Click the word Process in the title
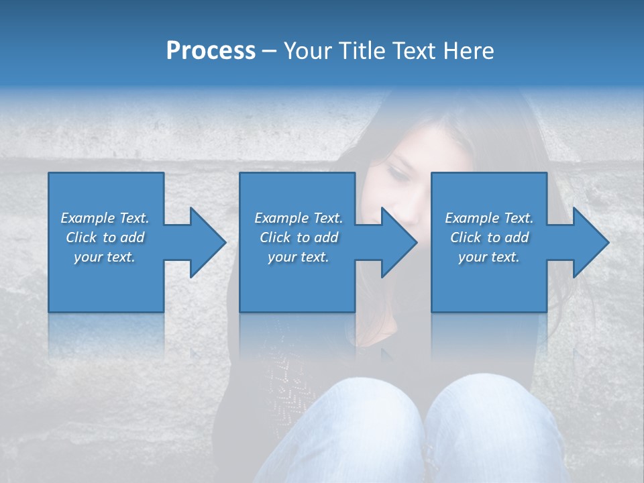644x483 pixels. (x=211, y=51)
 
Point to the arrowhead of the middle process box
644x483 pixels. (x=398, y=242)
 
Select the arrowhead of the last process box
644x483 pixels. (x=590, y=242)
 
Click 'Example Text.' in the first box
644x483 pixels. (x=105, y=218)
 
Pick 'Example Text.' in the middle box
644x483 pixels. (x=299, y=218)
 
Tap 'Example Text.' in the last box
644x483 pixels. (x=489, y=218)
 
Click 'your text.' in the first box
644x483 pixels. (x=105, y=257)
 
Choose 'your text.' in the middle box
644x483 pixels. (x=299, y=257)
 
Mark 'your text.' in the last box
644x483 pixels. (x=489, y=257)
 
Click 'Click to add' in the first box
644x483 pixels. (x=105, y=237)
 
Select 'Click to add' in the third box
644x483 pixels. (x=489, y=237)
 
